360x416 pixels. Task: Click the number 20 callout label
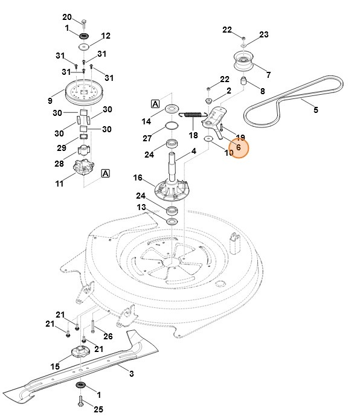tap(67, 16)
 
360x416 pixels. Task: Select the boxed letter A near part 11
tap(106, 173)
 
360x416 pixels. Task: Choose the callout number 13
tap(141, 207)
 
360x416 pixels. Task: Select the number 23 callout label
tap(264, 34)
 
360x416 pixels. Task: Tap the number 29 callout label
tap(61, 148)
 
